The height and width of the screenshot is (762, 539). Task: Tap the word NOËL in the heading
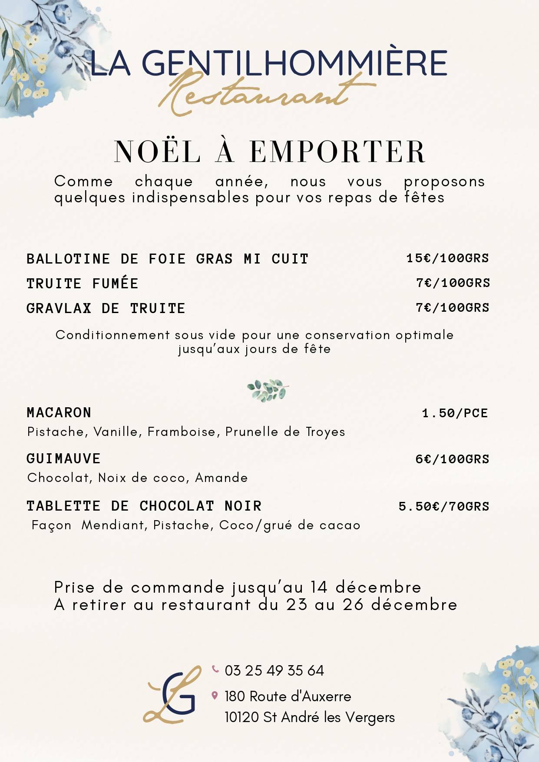(157, 152)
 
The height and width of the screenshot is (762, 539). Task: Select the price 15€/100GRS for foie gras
(447, 258)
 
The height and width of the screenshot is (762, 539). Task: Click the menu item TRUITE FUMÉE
(83, 284)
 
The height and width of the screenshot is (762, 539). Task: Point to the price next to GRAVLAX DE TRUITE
(453, 307)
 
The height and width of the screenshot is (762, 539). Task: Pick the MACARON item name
(59, 412)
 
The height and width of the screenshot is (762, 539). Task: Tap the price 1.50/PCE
(455, 413)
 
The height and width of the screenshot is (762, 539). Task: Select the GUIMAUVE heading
(63, 459)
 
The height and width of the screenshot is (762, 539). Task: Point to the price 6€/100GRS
(452, 459)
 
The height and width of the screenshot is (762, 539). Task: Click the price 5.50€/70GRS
(444, 506)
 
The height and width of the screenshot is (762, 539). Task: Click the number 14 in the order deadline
(318, 587)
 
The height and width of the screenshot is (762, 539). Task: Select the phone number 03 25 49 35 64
(274, 670)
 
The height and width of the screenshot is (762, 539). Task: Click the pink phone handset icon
(215, 669)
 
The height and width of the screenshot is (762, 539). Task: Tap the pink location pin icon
(215, 696)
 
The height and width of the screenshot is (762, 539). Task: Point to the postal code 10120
(241, 717)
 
